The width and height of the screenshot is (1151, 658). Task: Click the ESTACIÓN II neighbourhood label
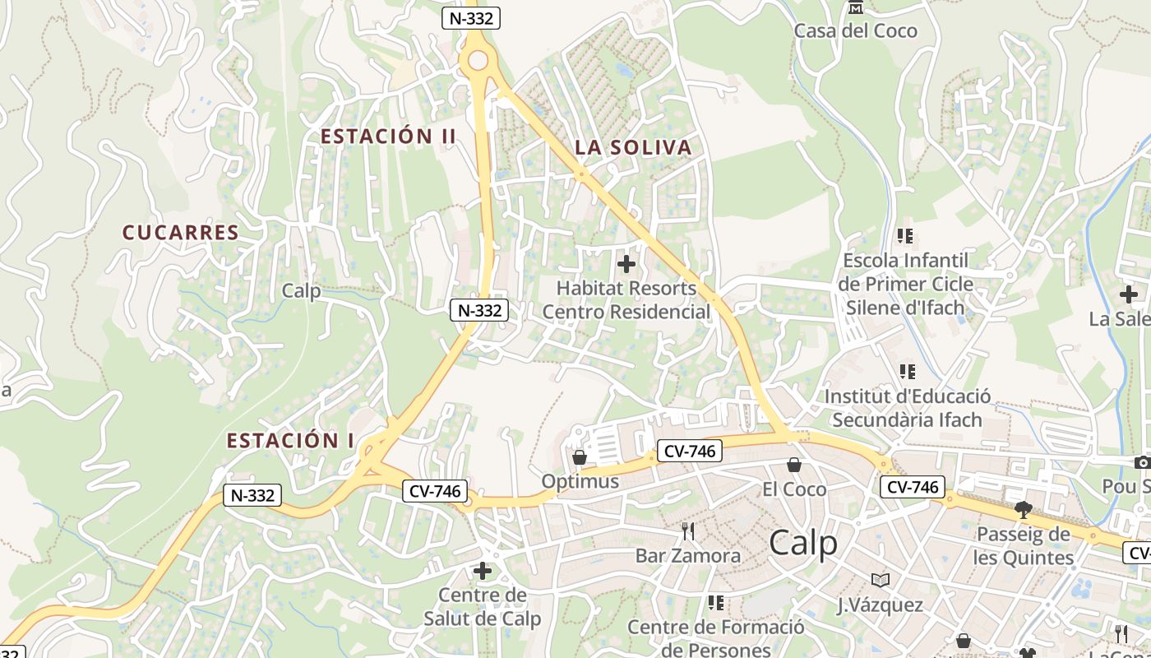pyautogui.click(x=388, y=137)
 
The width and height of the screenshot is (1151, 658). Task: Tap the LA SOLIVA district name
pyautogui.click(x=633, y=148)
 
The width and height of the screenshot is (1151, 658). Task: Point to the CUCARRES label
pyautogui.click(x=181, y=233)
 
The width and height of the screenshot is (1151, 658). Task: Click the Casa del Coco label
pyautogui.click(x=855, y=31)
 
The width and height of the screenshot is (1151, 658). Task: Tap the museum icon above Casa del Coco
pyautogui.click(x=856, y=8)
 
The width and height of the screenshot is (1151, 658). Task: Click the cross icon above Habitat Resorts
pyautogui.click(x=626, y=264)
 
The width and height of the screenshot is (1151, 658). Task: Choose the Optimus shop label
pyautogui.click(x=580, y=481)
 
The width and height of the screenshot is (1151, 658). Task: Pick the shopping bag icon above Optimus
pyautogui.click(x=580, y=456)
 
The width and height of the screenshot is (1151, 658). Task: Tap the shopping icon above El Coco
pyautogui.click(x=794, y=466)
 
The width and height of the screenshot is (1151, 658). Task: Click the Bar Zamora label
pyautogui.click(x=688, y=556)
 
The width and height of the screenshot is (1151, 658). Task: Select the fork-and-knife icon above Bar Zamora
pyautogui.click(x=688, y=531)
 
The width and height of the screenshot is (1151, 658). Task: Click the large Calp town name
pyautogui.click(x=803, y=544)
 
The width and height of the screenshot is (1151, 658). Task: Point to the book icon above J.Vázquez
pyautogui.click(x=881, y=581)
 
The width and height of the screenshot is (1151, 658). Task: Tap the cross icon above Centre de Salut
pyautogui.click(x=483, y=570)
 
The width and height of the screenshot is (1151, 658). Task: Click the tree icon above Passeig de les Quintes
pyautogui.click(x=1024, y=510)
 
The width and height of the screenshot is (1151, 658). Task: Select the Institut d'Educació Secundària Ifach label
pyautogui.click(x=907, y=408)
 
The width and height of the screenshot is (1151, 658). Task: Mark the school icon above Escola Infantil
pyautogui.click(x=906, y=237)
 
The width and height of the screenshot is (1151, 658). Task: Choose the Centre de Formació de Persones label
pyautogui.click(x=715, y=638)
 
